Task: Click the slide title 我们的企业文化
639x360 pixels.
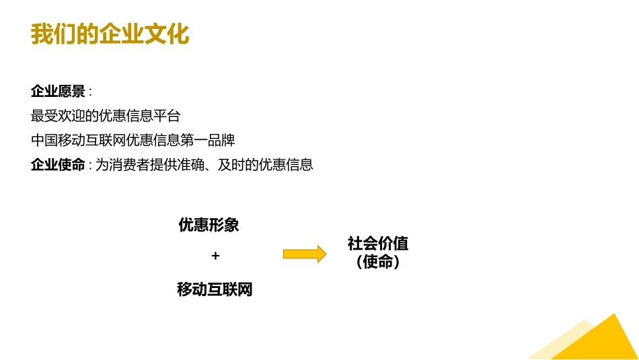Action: click(110, 34)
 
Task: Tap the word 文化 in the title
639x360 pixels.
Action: click(167, 34)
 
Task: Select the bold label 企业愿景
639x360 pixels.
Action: click(58, 92)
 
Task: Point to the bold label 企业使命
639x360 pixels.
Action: click(58, 165)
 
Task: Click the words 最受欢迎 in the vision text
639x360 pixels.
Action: click(58, 116)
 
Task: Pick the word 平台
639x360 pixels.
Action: click(167, 116)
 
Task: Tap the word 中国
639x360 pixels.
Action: click(44, 140)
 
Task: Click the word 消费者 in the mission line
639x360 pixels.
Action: click(129, 165)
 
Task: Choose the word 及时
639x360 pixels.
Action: click(231, 165)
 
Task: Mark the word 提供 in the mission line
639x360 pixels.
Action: click(163, 165)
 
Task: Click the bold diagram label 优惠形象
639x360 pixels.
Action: click(209, 225)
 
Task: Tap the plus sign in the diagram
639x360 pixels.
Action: click(216, 256)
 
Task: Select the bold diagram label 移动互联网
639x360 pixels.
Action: click(215, 289)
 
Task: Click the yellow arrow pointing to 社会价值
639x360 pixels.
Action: click(305, 254)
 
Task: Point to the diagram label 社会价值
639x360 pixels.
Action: click(378, 244)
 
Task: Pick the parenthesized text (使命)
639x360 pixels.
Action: click(378, 262)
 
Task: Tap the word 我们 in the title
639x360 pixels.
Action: click(53, 34)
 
